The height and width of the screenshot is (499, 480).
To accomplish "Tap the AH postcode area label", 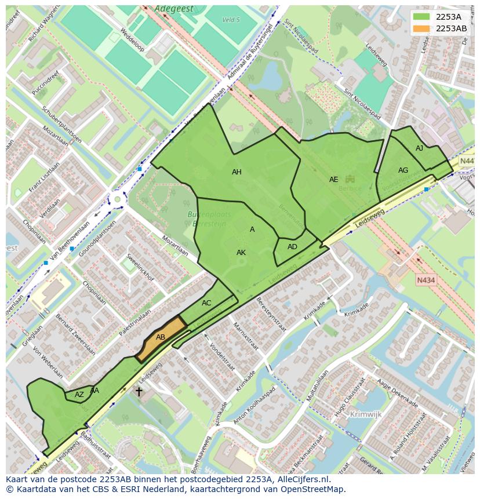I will click(x=237, y=172).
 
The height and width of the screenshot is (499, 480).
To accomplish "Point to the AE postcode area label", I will click(x=333, y=180).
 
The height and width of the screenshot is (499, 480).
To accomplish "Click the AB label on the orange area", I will click(x=161, y=337).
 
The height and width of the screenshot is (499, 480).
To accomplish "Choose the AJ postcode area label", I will click(x=419, y=148).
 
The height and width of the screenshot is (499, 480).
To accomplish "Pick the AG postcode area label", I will click(x=403, y=170).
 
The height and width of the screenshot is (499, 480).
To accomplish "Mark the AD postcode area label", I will click(x=292, y=247).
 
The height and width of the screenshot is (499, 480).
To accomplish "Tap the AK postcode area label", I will click(x=241, y=253).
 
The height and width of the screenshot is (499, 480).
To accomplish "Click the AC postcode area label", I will click(x=206, y=303).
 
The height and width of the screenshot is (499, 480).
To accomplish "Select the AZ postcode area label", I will click(x=79, y=395).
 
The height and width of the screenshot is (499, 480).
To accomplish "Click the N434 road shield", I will click(x=426, y=281).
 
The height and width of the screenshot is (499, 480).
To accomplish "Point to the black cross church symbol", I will click(x=139, y=392).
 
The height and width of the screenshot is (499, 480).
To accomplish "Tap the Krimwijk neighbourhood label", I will click(x=366, y=414).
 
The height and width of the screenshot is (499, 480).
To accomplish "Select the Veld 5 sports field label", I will click(x=231, y=20).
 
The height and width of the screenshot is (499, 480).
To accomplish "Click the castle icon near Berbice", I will click(x=350, y=179).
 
